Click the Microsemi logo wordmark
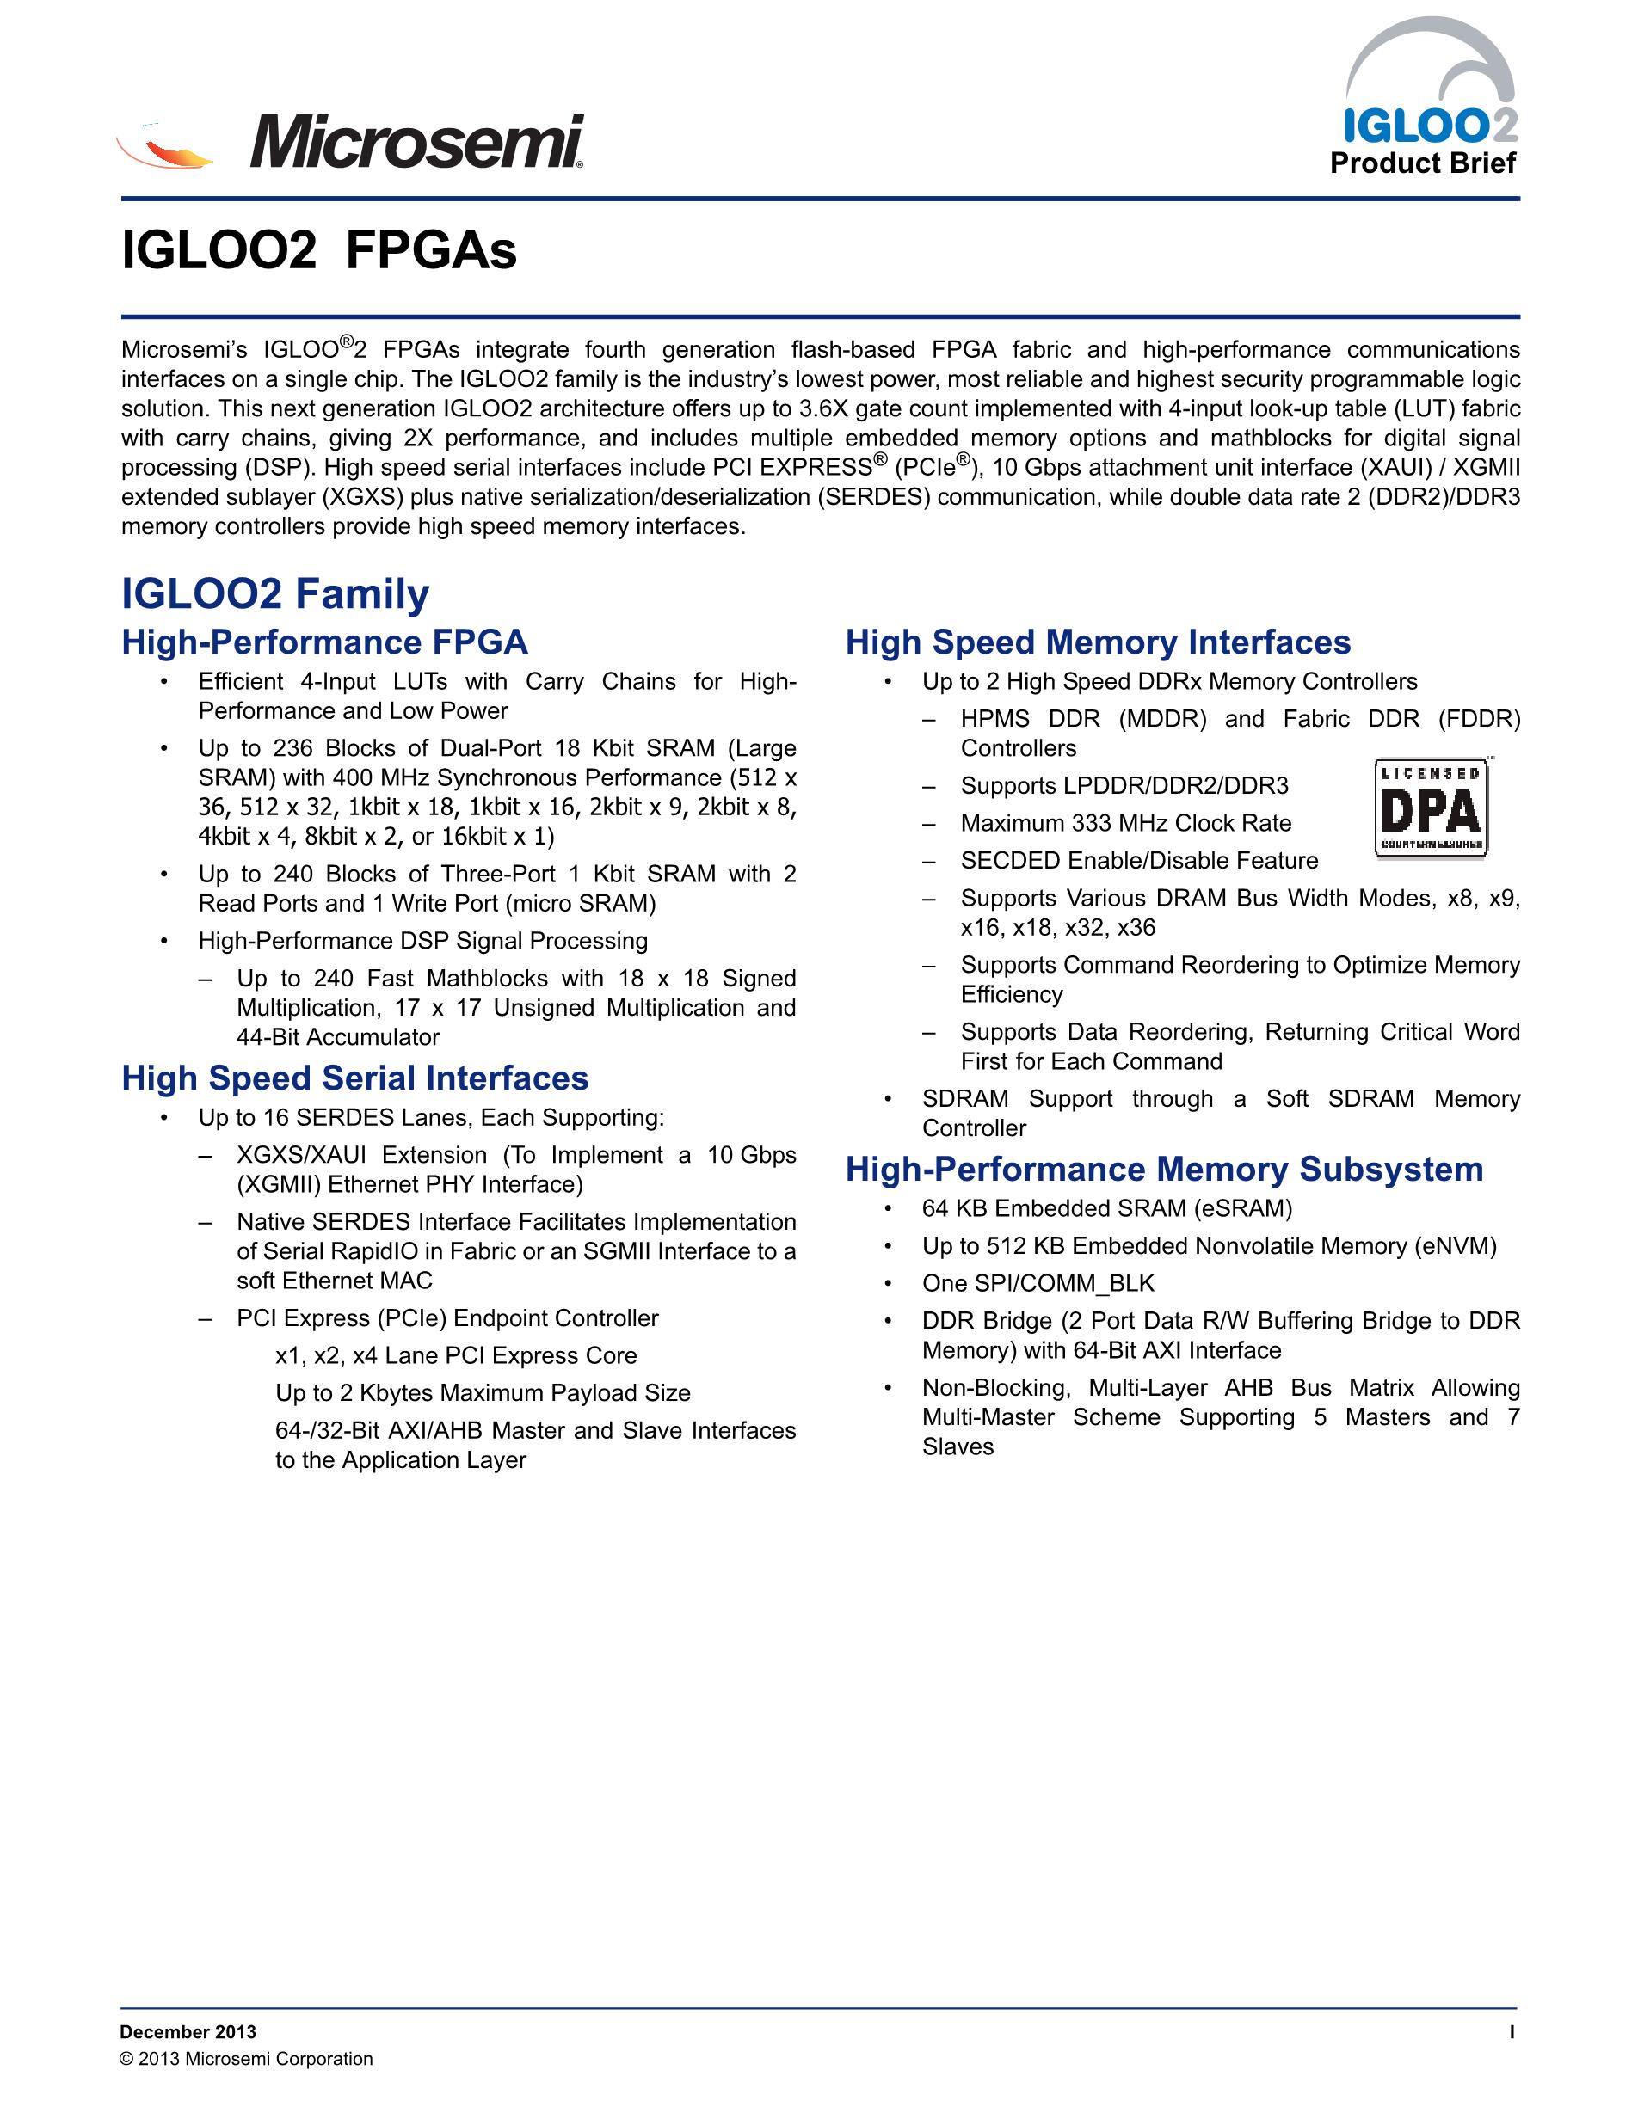[x=417, y=143]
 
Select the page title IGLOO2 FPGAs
[x=319, y=251]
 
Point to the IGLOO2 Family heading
[x=275, y=593]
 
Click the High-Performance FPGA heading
[x=325, y=642]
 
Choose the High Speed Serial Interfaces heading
[x=355, y=1078]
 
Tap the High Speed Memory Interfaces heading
[x=1098, y=642]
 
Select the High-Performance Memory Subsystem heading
[x=1165, y=1169]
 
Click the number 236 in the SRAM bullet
[x=293, y=749]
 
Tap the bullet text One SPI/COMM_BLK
[x=1038, y=1284]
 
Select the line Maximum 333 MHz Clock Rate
[x=1125, y=824]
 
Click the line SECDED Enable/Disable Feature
[x=1139, y=861]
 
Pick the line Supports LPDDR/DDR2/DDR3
[x=1124, y=786]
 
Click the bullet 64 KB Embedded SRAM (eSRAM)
[x=1107, y=1209]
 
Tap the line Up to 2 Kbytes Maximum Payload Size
[x=483, y=1393]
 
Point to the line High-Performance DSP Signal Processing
[x=423, y=941]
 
